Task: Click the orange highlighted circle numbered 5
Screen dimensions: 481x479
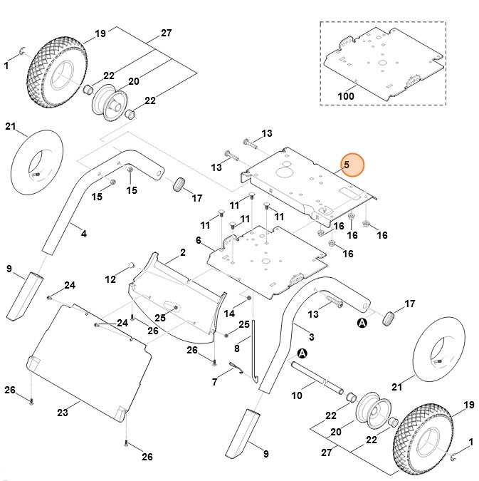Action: (x=351, y=165)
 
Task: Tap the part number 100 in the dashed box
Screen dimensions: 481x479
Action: (x=345, y=95)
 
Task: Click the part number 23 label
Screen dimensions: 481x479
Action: (x=62, y=412)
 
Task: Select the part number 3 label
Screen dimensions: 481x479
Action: (x=310, y=335)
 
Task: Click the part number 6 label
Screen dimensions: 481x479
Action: (x=199, y=241)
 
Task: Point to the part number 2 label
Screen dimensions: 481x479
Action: (x=182, y=252)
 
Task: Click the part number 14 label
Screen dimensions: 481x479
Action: (x=228, y=314)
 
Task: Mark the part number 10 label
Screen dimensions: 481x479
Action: (x=296, y=394)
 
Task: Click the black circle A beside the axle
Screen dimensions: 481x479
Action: (x=302, y=353)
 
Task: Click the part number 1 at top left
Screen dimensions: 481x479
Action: (x=6, y=66)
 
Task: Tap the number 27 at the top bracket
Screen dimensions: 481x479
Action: (x=167, y=33)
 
